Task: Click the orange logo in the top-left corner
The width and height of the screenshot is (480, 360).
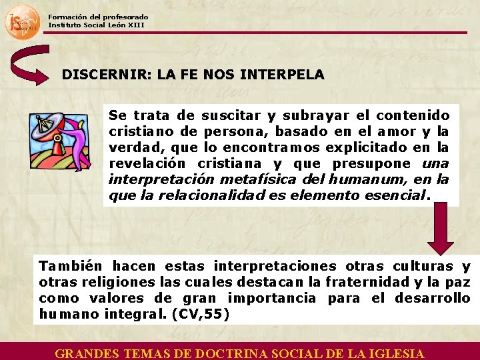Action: click(x=22, y=21)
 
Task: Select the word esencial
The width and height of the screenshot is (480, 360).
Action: click(x=395, y=196)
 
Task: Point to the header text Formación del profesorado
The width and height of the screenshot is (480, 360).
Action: click(x=98, y=17)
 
